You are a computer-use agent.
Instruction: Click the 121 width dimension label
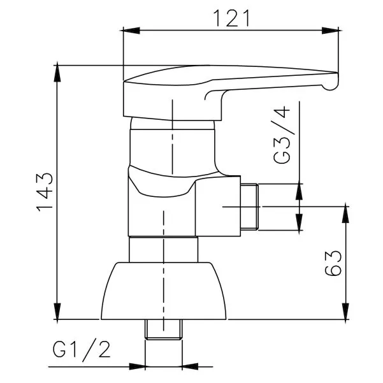click(x=231, y=18)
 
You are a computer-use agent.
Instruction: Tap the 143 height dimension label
click(x=45, y=192)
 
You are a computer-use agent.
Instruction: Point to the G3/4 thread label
click(x=282, y=135)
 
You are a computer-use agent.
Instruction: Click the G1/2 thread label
click(x=82, y=350)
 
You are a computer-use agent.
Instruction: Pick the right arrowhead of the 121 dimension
click(x=330, y=31)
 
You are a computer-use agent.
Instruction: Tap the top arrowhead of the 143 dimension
click(x=57, y=73)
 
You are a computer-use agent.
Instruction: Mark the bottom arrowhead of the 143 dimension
click(x=57, y=311)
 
